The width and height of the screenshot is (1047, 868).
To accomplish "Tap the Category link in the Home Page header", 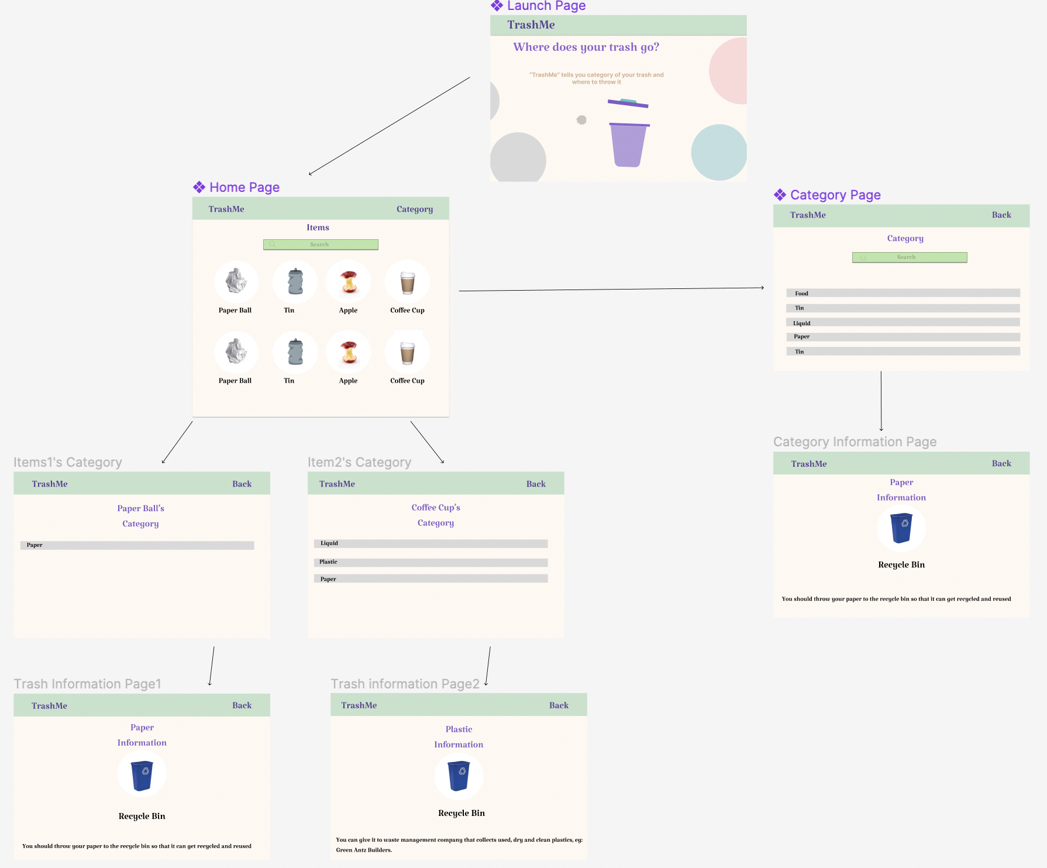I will [415, 209].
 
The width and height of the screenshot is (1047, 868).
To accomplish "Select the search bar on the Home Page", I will [321, 244].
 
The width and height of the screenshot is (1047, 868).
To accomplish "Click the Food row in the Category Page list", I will [903, 293].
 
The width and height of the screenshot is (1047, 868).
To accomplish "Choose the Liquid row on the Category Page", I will [903, 323].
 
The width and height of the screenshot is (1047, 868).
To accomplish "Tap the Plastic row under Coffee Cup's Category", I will [430, 562].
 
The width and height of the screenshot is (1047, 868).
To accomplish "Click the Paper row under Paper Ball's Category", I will [137, 545].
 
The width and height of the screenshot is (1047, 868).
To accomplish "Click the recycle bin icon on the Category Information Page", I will [901, 528].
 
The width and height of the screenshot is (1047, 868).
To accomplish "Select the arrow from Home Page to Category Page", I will [611, 289].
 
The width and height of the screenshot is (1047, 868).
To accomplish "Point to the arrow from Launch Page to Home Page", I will [390, 126].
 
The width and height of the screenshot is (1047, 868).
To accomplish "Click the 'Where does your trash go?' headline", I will [586, 47].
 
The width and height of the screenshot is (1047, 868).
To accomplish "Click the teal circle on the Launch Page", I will [719, 152].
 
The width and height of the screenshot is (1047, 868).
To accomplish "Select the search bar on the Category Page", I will [910, 257].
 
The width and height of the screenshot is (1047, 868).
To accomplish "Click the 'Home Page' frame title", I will [244, 188].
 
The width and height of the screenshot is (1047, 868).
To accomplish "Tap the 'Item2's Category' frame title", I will [359, 463].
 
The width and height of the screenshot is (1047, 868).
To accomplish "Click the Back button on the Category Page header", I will [1001, 215].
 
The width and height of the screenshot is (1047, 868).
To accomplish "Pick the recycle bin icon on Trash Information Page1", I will [142, 775].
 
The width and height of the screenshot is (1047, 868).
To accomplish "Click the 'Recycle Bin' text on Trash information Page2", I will [461, 814].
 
